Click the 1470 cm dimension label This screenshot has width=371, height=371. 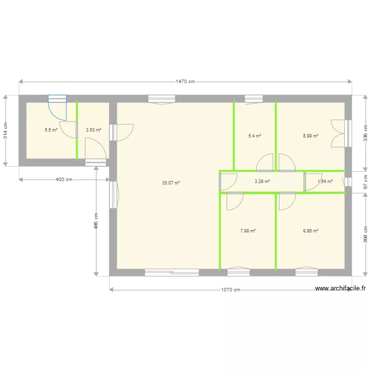click(185, 82)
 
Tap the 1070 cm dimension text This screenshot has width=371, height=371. click(231, 290)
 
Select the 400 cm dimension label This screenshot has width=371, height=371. click(64, 180)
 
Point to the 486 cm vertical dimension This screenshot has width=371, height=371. click(96, 221)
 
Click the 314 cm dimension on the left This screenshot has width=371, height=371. click(5, 131)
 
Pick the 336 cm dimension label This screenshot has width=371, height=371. click(366, 133)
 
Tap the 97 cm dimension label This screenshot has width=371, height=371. click(366, 182)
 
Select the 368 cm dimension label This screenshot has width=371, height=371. click(366, 234)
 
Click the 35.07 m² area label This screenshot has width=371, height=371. click(171, 183)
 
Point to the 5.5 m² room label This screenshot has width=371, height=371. click(51, 130)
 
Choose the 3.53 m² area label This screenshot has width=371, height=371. click(93, 130)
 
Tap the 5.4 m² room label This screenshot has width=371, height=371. click(255, 136)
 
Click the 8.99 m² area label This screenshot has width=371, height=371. click(311, 136)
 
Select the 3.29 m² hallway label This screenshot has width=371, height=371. click(262, 182)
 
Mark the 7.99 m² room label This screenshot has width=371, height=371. click(248, 231)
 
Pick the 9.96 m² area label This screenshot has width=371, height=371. click(311, 231)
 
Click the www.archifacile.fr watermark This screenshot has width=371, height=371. click(340, 288)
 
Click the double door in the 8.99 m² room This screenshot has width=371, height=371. click(338, 134)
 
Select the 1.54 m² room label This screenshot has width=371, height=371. click(325, 182)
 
